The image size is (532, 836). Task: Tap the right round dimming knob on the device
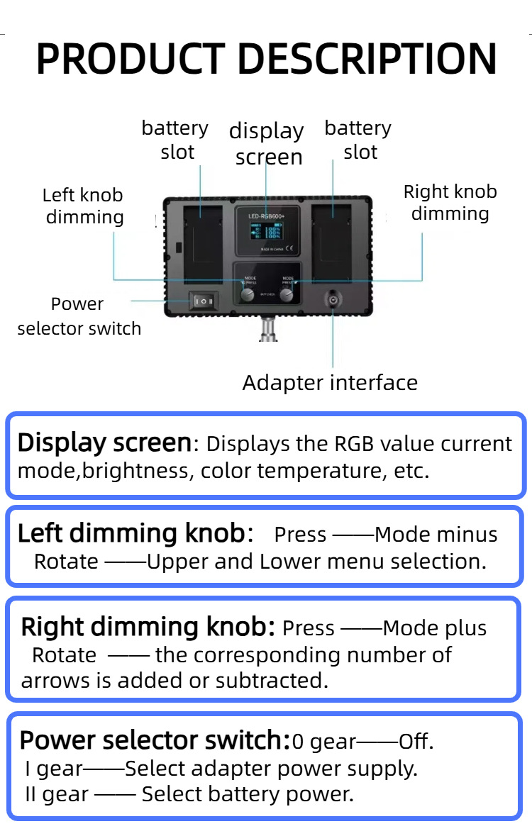point(287,295)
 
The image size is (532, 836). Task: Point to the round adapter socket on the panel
point(332,301)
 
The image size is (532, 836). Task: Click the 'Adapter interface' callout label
point(330,383)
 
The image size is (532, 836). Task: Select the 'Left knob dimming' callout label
point(84,206)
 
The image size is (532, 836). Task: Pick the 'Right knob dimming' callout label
point(450,203)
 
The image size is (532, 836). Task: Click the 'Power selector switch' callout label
point(79,316)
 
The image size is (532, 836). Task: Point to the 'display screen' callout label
point(267,144)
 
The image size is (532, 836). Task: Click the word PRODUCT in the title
point(126,59)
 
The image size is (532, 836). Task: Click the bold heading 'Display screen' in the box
point(104,443)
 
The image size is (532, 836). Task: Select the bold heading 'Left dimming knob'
point(131,533)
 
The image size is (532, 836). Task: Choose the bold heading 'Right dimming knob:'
point(148,628)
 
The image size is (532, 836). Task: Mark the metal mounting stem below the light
point(267,330)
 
